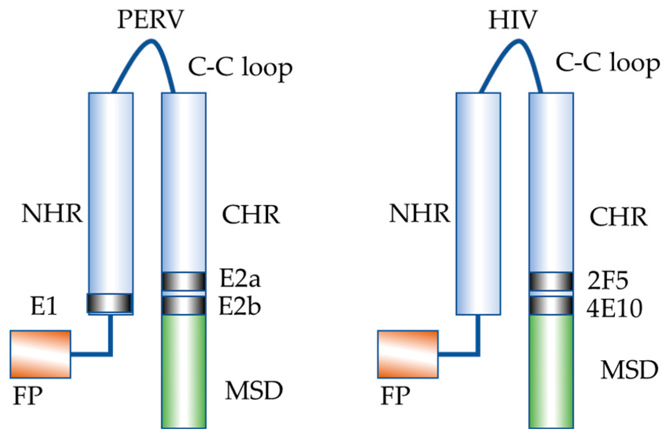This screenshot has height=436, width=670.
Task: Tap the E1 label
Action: click(44, 306)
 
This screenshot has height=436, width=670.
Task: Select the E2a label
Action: click(240, 279)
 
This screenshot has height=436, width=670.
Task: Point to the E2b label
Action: click(239, 306)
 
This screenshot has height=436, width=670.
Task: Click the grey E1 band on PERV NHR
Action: click(110, 303)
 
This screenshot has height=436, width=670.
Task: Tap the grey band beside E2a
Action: click(184, 282)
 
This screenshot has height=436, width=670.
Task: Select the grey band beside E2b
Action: click(184, 305)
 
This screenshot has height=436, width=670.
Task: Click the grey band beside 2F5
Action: click(551, 282)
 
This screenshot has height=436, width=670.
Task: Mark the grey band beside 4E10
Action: click(551, 305)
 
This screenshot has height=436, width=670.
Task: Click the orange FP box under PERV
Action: click(41, 354)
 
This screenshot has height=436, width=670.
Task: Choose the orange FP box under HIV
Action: click(408, 354)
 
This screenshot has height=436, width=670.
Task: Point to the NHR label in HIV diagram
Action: click(419, 214)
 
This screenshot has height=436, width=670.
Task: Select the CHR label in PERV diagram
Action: click(251, 215)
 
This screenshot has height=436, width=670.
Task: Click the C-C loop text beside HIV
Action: click(607, 63)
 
